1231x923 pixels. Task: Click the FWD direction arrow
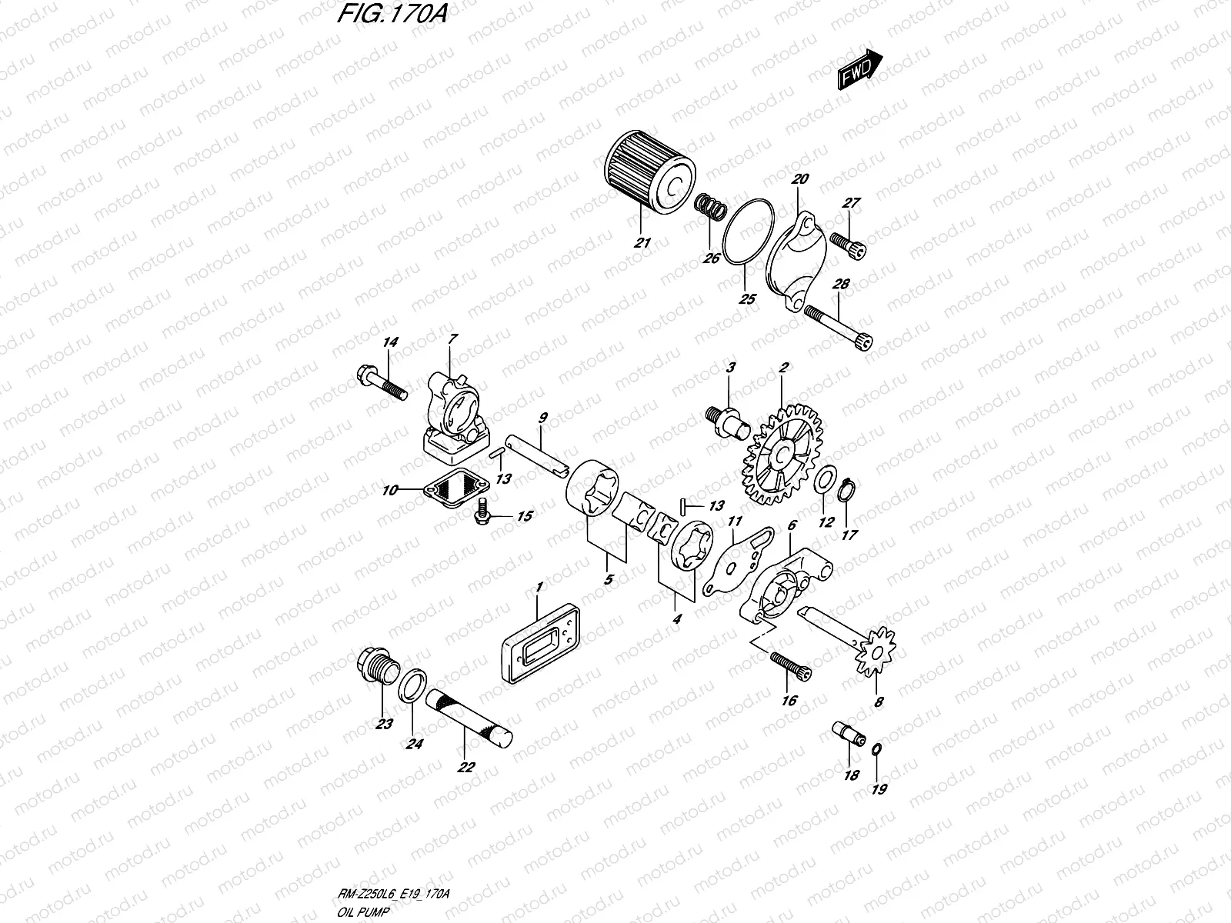click(859, 70)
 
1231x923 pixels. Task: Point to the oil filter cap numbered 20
click(797, 258)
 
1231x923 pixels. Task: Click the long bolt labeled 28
click(839, 326)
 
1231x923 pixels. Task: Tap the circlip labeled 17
click(847, 490)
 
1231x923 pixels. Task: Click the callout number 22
click(466, 767)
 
